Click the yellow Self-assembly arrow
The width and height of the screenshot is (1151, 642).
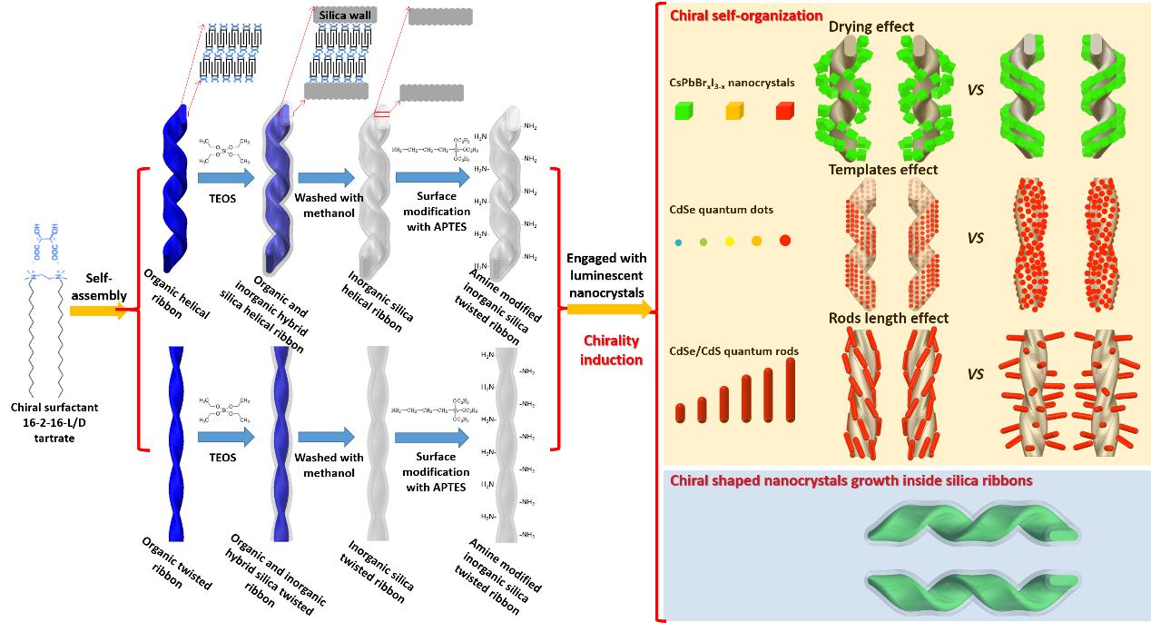(100, 311)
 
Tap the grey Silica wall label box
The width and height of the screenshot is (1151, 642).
(344, 15)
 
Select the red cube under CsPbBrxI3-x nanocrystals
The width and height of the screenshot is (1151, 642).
(784, 112)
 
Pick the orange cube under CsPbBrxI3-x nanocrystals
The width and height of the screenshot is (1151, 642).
(734, 112)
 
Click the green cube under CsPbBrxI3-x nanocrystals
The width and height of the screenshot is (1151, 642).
(684, 112)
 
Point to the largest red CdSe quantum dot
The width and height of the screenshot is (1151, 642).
(784, 241)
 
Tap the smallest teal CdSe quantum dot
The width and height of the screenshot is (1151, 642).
(679, 242)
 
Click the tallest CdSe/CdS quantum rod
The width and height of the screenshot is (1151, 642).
(790, 390)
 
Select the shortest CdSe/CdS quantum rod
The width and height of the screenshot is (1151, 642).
(681, 412)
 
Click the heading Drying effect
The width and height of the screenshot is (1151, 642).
(871, 26)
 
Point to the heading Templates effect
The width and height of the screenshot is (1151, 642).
(882, 169)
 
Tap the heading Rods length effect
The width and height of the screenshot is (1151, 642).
(888, 318)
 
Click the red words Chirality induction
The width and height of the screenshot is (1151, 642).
(611, 350)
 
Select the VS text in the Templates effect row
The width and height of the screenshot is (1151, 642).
(975, 239)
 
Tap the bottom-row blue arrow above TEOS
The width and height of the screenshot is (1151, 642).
(225, 437)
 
